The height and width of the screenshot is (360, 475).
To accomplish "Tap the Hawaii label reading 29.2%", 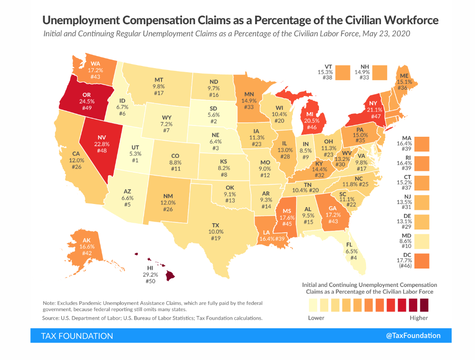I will [149, 274].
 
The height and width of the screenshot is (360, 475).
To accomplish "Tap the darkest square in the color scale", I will [424, 306].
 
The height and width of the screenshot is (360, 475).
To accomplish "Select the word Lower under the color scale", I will [316, 318].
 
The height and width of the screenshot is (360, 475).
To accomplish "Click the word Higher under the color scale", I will [419, 318].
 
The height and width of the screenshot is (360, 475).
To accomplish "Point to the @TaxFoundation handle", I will [413, 335].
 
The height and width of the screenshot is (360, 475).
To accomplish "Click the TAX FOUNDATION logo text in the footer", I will [77, 336].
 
